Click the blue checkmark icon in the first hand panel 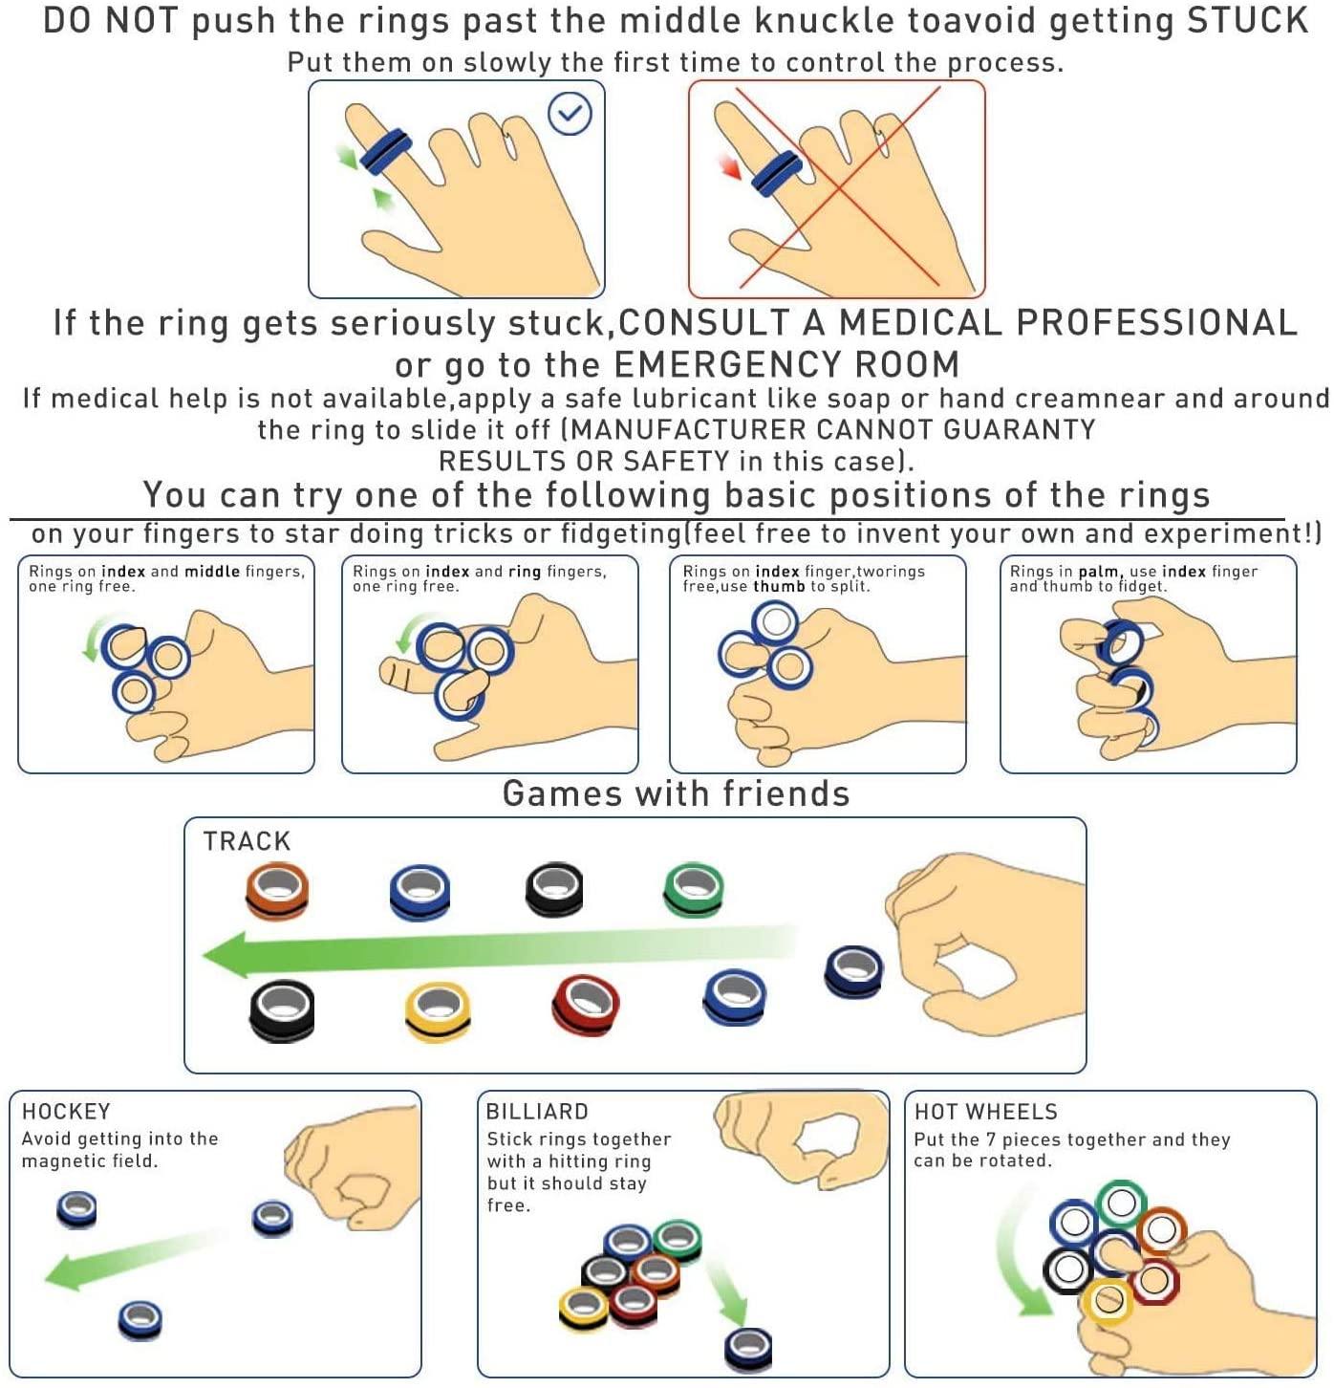click(570, 114)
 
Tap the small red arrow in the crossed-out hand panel click(731, 168)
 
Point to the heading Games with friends click(676, 794)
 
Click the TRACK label click(247, 841)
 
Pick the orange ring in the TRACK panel click(277, 890)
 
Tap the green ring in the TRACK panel click(694, 890)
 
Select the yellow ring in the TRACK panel click(438, 1010)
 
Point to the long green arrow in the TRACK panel click(497, 952)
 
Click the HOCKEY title click(66, 1112)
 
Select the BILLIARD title click(537, 1112)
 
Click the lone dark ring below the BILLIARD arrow click(748, 1348)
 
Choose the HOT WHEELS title click(986, 1112)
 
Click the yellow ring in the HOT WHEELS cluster click(1108, 1300)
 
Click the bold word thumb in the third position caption click(779, 587)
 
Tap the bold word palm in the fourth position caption click(1099, 572)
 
